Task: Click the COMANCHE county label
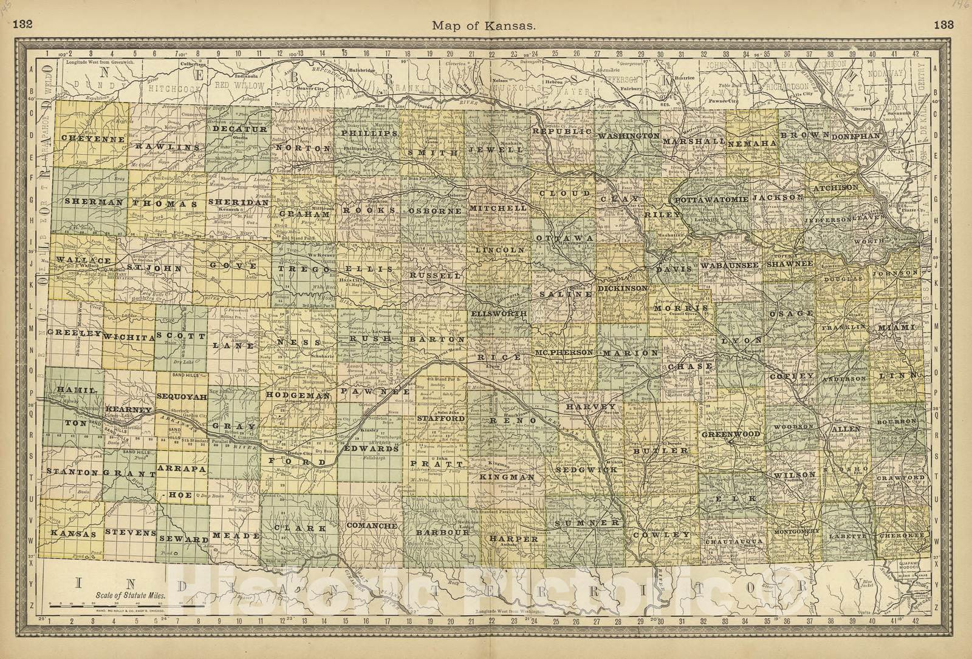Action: tap(372, 526)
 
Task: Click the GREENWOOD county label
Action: tap(730, 434)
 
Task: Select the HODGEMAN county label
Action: tap(298, 394)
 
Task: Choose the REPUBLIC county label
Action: tap(562, 131)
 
